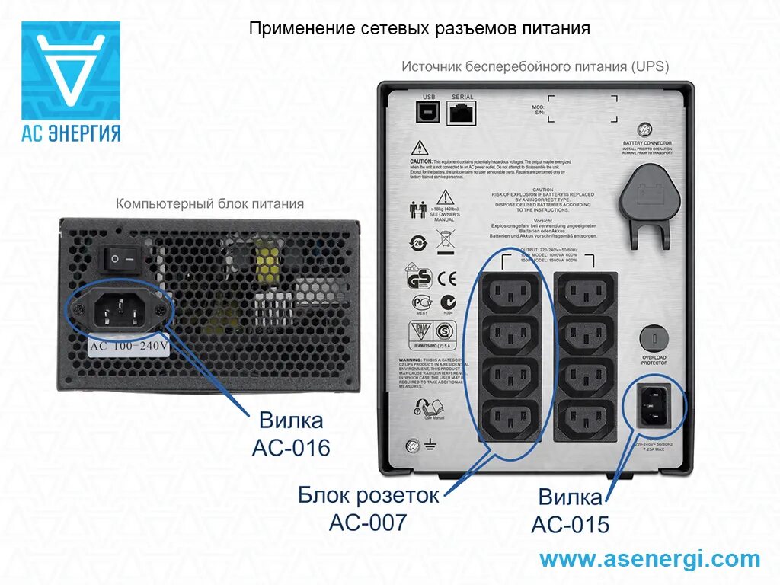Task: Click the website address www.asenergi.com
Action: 650,559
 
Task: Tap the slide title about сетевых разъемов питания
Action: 420,29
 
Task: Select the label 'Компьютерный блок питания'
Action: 209,204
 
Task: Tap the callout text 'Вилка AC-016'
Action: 291,433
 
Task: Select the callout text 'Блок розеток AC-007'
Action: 369,508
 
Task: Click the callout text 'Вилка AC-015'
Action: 571,511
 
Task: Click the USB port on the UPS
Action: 427,111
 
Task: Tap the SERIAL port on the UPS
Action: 462,113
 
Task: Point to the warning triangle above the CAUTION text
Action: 418,147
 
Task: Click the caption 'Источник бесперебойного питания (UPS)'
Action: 535,67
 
